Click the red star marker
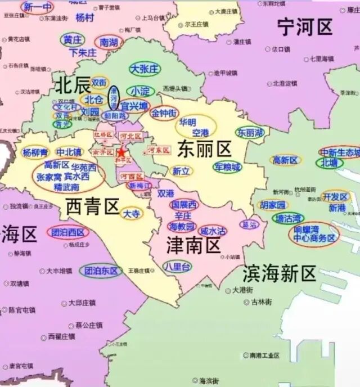(x=121, y=152)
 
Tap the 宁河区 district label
(x=305, y=26)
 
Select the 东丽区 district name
(x=204, y=149)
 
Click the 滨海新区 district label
(x=280, y=274)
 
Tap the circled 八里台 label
(x=177, y=266)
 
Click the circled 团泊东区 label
(x=101, y=271)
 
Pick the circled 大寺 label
(x=133, y=214)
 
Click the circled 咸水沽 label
(x=214, y=231)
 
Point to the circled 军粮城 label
(x=227, y=167)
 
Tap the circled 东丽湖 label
(x=250, y=133)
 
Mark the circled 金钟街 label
(x=164, y=112)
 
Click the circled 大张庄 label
(x=145, y=69)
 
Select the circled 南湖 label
(x=109, y=42)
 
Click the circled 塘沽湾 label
(x=288, y=218)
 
